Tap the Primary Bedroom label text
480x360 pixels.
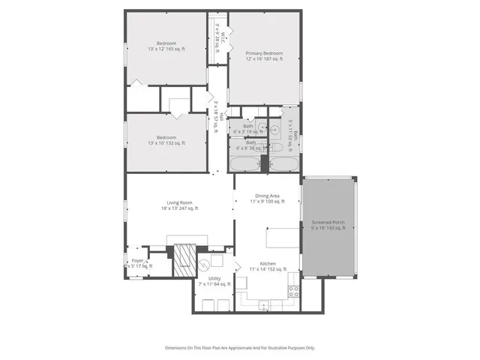coord(264,56)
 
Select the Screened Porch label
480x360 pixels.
coord(328,225)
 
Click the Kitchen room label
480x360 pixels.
coord(268,267)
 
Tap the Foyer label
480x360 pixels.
coord(138,263)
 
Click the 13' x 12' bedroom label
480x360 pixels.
coord(166,46)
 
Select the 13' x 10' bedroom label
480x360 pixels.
coord(166,140)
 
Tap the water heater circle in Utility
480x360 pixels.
coord(203,264)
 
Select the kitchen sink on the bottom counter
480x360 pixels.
coord(263,304)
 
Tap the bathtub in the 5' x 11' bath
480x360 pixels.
coord(283,163)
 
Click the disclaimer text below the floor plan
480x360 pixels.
coord(240,348)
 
